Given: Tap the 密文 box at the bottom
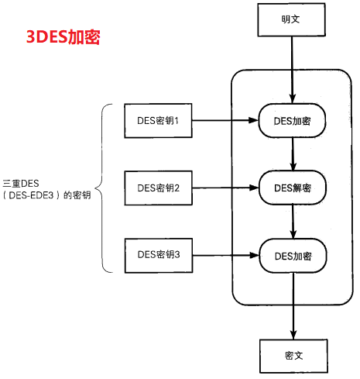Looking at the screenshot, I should coord(293,355).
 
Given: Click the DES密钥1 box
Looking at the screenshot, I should coord(158,120).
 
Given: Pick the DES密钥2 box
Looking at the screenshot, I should coord(158,188).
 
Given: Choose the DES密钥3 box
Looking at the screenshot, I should coord(158,254).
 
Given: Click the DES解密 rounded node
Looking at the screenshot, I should coord(293,188).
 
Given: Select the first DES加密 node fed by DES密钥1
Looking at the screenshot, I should coord(293,121).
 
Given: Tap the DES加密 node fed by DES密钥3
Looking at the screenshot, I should coord(293,255).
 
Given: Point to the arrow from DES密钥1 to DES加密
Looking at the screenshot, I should coord(225,120).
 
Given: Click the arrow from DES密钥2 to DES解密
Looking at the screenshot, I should coord(225,188).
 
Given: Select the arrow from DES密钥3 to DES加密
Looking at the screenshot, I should coord(225,254).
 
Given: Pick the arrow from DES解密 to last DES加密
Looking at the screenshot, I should coord(293,222).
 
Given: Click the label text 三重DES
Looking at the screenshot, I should coord(21,182).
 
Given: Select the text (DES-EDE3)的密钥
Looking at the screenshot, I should coord(46,195).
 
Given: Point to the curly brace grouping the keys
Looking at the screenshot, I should coord(101,188).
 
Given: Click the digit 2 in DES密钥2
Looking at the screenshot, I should coord(177,188).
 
